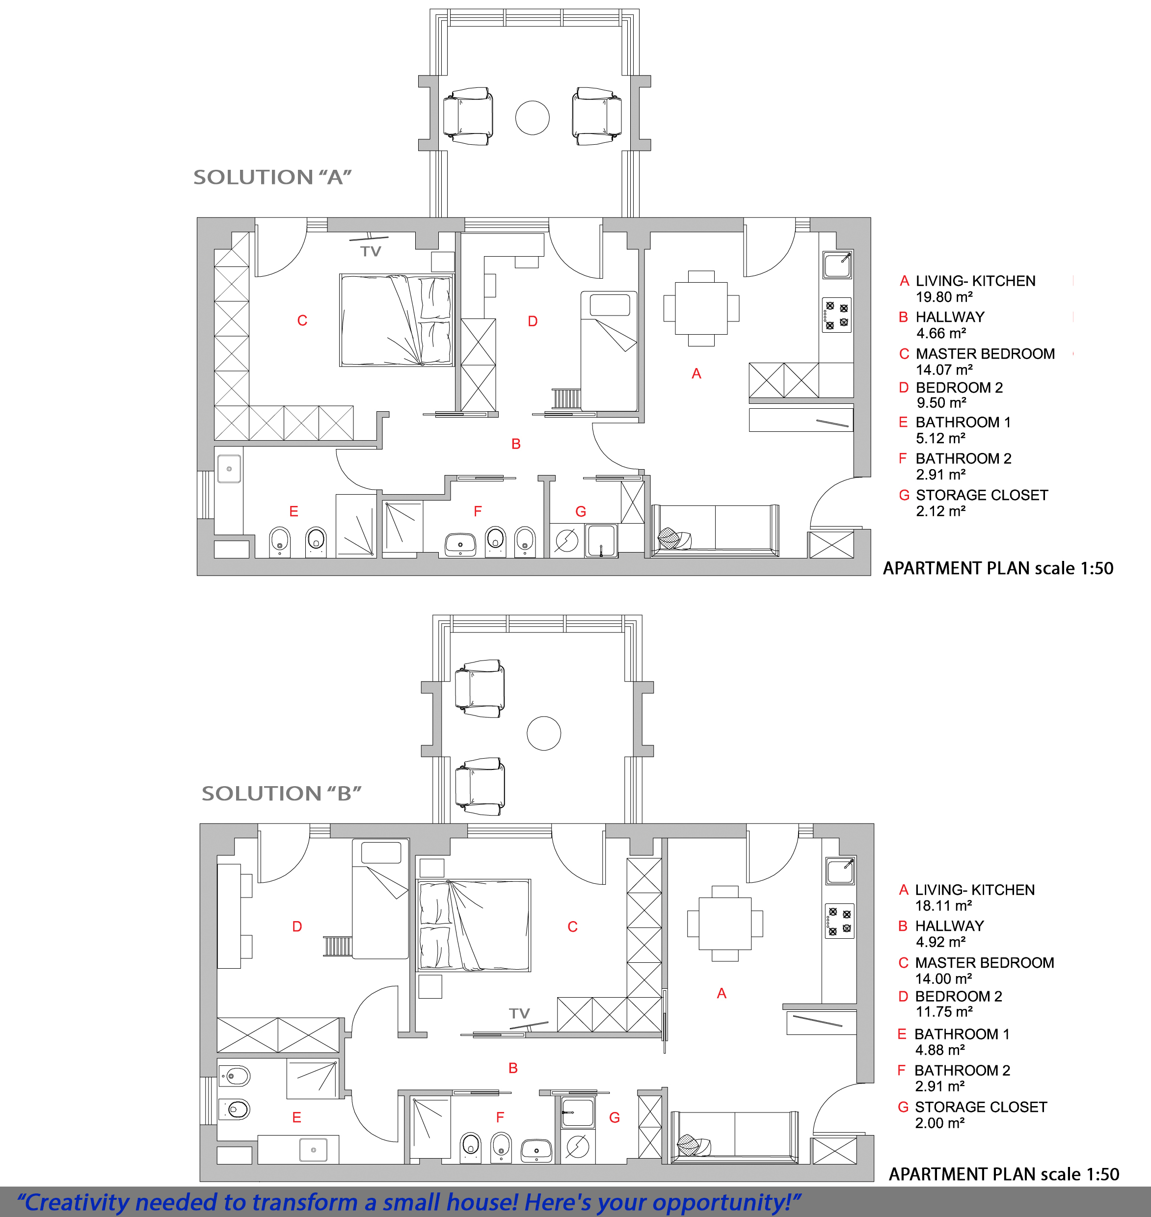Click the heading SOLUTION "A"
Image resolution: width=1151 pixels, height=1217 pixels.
point(272,177)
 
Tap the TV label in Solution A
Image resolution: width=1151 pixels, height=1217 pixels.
point(371,251)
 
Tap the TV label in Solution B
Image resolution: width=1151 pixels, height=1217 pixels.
point(519,1013)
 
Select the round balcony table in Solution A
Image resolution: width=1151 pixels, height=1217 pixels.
point(532,118)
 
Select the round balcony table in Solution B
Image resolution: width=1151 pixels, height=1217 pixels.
point(544,733)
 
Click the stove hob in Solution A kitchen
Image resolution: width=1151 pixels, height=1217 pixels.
point(837,315)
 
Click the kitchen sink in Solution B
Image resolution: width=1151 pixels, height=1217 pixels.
point(840,871)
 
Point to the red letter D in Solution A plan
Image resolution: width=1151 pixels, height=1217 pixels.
point(533,321)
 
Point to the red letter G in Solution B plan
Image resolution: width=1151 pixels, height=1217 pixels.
point(614,1118)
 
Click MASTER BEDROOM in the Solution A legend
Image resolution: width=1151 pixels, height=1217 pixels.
point(986,354)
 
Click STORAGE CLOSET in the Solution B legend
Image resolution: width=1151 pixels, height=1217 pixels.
point(981,1107)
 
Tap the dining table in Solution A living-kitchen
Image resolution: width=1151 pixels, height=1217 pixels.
point(701,308)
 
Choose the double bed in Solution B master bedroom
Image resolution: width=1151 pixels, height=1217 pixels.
point(474,925)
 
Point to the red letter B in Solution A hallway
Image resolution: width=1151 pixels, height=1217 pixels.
point(516,444)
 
